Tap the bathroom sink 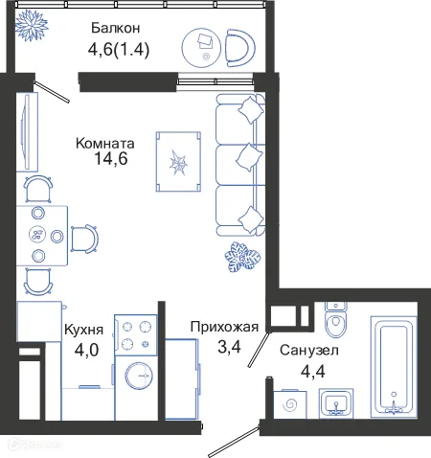[x=336, y=403]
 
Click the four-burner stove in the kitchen [x=133, y=334]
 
